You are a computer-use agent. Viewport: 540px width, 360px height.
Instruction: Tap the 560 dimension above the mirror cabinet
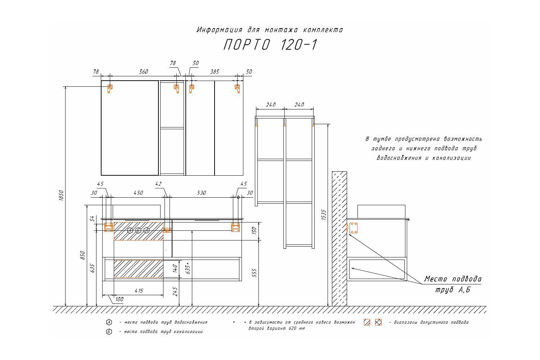pos(143,72)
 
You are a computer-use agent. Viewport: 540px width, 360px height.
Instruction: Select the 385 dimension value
pos(214,72)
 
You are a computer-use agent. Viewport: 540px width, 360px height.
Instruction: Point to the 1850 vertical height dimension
pos(61,196)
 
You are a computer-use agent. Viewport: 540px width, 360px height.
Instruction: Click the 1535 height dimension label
pos(324,215)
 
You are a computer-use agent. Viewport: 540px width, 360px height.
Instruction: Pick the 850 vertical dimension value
pos(82,255)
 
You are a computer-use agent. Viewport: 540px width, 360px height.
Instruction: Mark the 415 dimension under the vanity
pos(139,291)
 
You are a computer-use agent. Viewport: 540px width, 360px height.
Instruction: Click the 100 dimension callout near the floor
pos(119,299)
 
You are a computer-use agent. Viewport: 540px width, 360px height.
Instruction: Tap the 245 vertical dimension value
pos(175,291)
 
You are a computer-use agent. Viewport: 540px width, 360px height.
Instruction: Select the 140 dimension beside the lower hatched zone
pos(175,268)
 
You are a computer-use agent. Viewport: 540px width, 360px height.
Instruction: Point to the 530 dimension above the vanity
pos(201,193)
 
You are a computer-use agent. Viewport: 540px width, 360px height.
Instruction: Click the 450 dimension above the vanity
pos(138,193)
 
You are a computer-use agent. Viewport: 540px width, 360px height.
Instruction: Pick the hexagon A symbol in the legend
pos(109,322)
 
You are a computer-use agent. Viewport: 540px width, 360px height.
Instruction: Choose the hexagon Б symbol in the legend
pos(109,332)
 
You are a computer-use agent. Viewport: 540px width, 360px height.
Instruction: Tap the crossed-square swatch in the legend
pos(378,322)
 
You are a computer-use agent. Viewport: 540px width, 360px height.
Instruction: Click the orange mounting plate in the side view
pos(353,228)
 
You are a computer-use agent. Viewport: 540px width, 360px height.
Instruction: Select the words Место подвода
pos(453,279)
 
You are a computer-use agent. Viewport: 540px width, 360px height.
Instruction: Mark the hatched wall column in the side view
pos(339,239)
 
